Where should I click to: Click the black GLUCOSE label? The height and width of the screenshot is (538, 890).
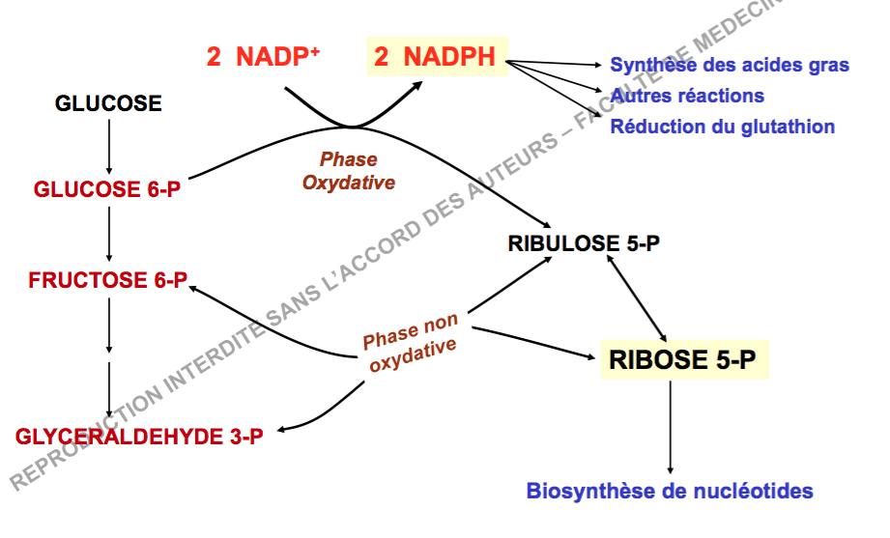(x=108, y=103)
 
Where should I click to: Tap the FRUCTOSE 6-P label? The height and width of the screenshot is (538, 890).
(x=107, y=281)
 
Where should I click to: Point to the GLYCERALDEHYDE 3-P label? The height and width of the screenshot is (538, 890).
(x=139, y=437)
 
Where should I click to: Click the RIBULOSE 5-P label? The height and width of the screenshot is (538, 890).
(x=584, y=243)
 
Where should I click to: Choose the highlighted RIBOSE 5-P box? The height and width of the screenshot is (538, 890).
(x=683, y=360)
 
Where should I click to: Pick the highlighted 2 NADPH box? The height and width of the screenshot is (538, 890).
(x=435, y=57)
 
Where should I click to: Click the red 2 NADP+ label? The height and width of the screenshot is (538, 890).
(x=263, y=57)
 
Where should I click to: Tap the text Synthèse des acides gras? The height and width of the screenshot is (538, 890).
(x=730, y=66)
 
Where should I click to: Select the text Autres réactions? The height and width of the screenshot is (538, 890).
(x=687, y=96)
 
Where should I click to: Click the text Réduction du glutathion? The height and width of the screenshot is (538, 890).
(x=722, y=127)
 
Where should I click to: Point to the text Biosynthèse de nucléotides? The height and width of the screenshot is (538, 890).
(x=670, y=491)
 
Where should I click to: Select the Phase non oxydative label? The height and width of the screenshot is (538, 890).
(x=411, y=345)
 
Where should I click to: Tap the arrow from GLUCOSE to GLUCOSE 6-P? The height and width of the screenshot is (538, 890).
(x=109, y=144)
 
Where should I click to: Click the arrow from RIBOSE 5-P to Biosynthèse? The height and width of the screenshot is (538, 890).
(x=670, y=425)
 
